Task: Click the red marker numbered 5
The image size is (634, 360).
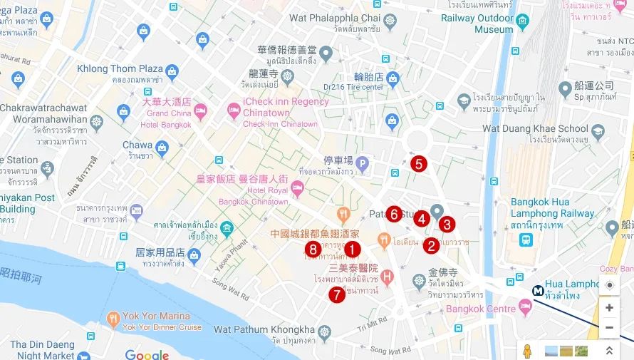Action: pyautogui.click(x=418, y=164)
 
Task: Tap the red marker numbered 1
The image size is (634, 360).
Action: pyautogui.click(x=352, y=250)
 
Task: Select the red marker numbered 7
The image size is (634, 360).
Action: pyautogui.click(x=336, y=294)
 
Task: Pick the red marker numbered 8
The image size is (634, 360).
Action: pyautogui.click(x=312, y=249)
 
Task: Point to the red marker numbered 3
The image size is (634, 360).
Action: pyautogui.click(x=447, y=225)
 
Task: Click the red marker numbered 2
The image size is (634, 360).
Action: pyautogui.click(x=430, y=246)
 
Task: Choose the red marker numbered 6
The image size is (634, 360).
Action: pyautogui.click(x=394, y=213)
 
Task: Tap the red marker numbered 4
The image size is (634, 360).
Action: pyautogui.click(x=422, y=218)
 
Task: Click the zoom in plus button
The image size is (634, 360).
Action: pyautogui.click(x=608, y=308)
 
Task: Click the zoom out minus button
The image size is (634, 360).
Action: pyautogui.click(x=608, y=328)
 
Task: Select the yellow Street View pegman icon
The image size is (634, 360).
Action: pyautogui.click(x=528, y=351)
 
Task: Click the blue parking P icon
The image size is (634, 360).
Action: pyautogui.click(x=362, y=163)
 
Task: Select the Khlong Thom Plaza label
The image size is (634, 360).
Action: pyautogui.click(x=120, y=69)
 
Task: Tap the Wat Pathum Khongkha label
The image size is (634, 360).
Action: pyautogui.click(x=264, y=329)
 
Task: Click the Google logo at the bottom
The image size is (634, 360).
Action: pyautogui.click(x=147, y=354)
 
